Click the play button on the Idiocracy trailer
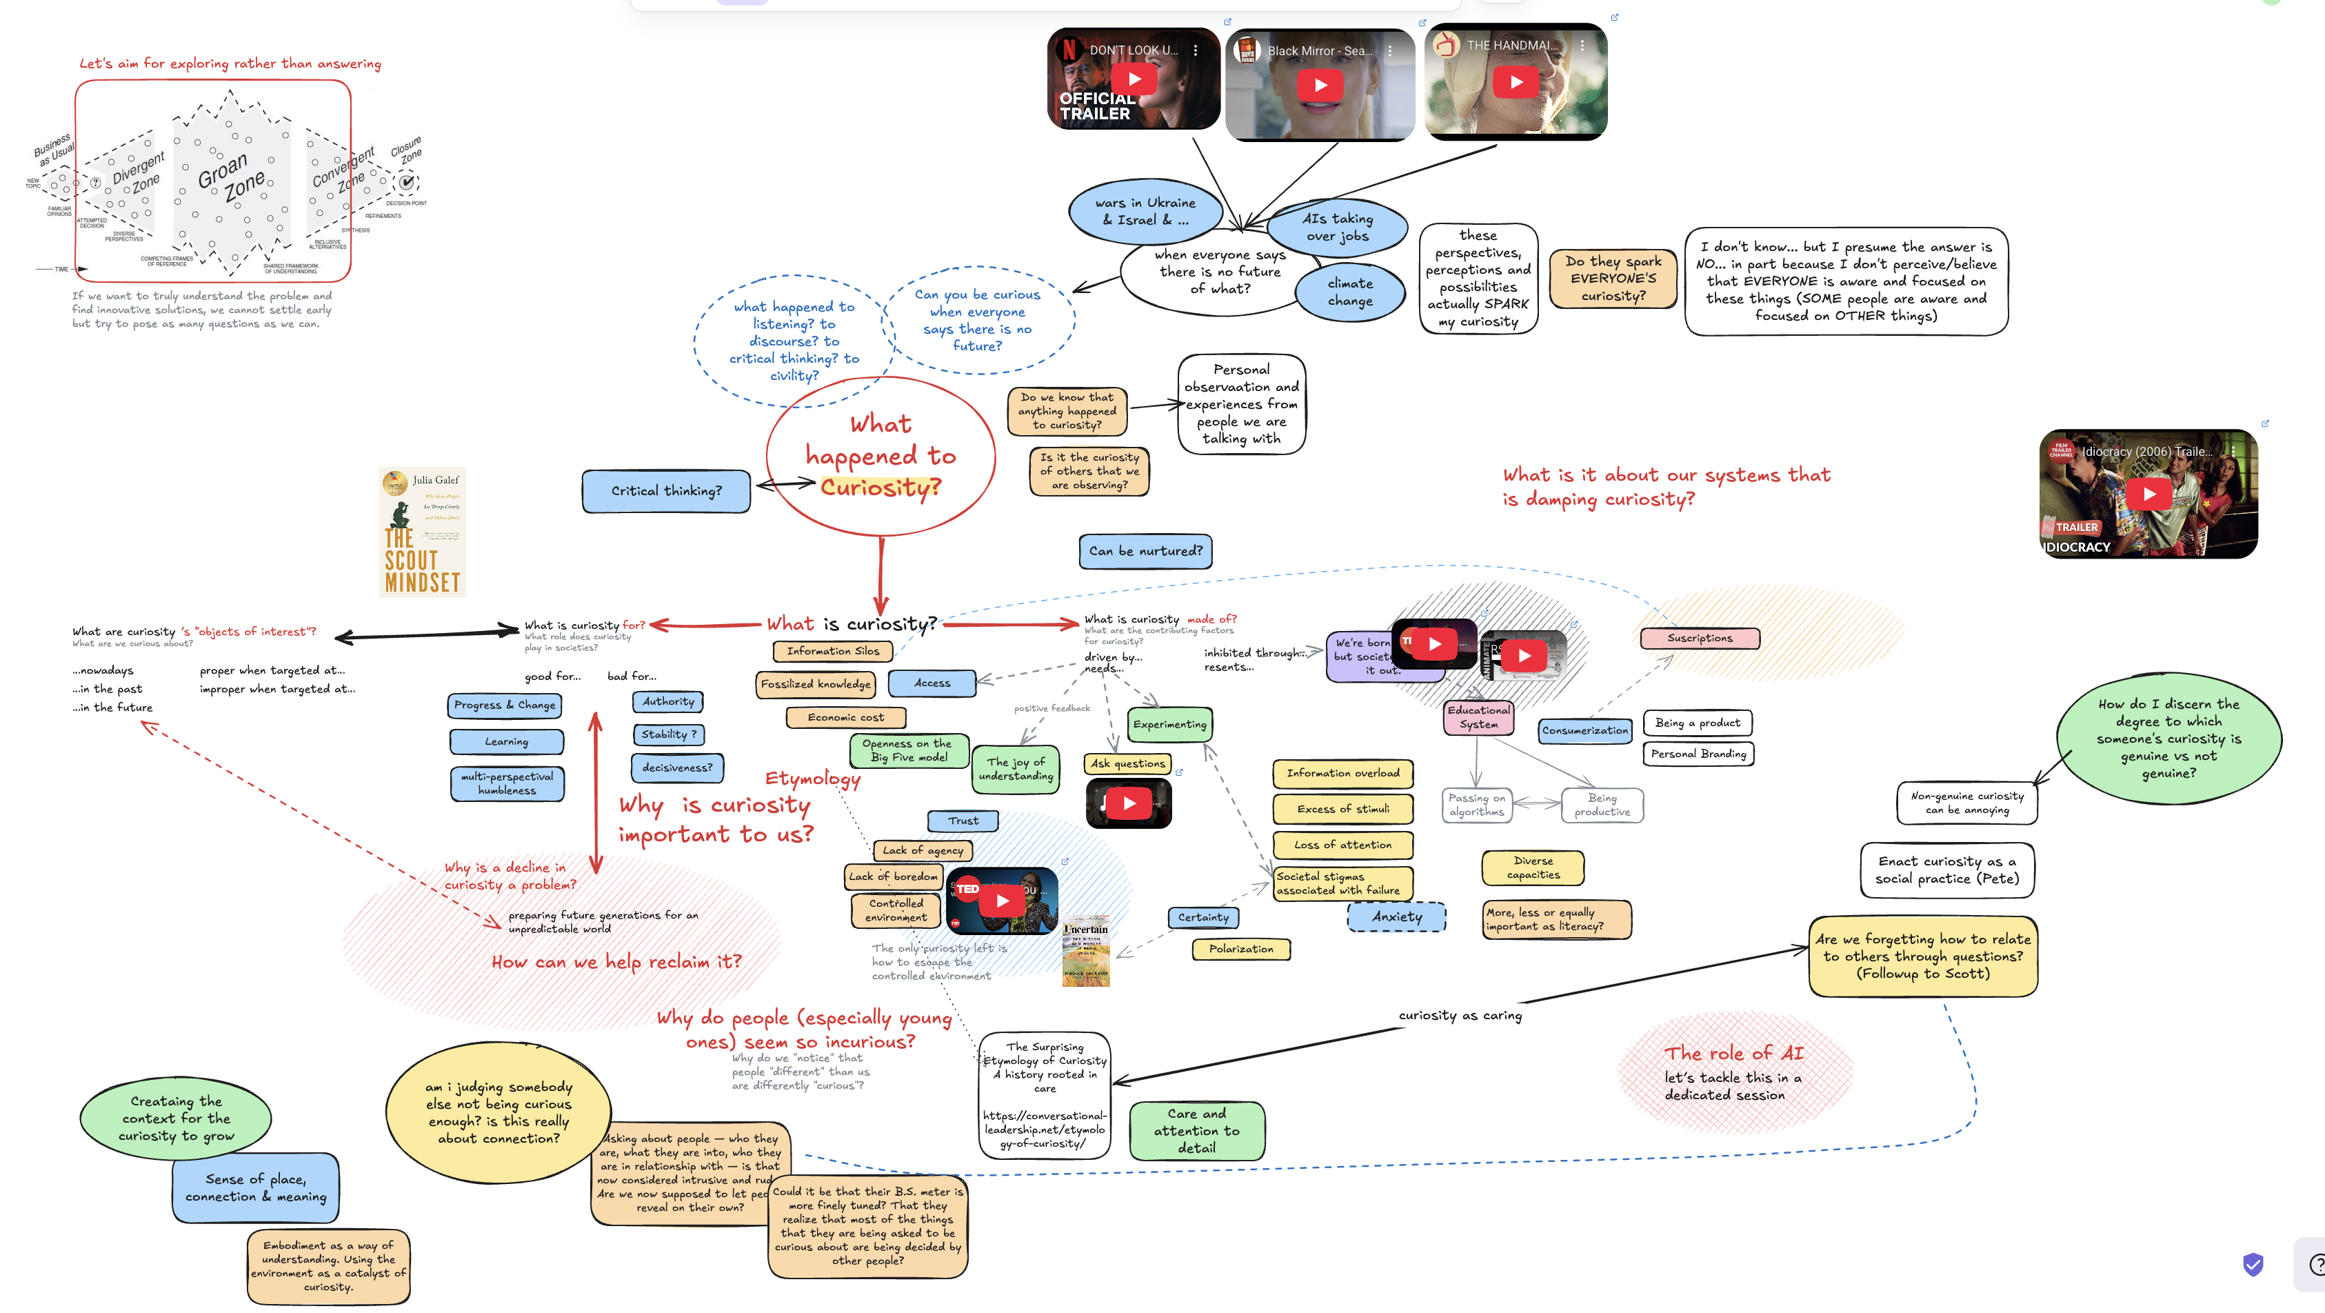(2149, 494)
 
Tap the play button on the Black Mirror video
(1320, 86)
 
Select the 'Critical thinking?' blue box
(666, 491)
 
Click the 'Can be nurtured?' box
(1145, 550)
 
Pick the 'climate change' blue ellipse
(1350, 292)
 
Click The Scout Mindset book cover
(423, 532)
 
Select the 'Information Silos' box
(832, 650)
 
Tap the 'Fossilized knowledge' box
(815, 684)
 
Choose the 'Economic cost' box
(846, 717)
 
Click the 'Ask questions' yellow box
(1127, 763)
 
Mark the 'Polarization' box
(1241, 950)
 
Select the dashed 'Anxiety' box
(1396, 917)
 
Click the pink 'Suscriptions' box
(1700, 638)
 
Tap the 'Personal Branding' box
(1698, 754)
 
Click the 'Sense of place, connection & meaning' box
(255, 1187)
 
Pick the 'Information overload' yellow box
(1342, 773)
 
